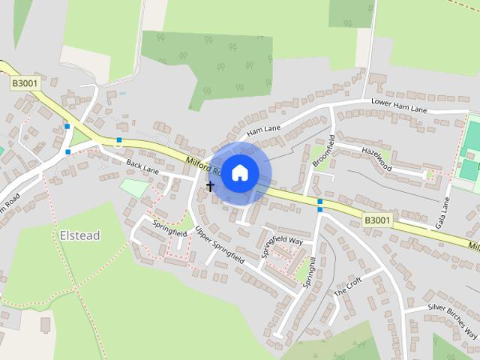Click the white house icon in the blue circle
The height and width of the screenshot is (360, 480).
pyautogui.click(x=239, y=172)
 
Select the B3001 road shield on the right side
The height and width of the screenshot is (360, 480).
pyautogui.click(x=376, y=220)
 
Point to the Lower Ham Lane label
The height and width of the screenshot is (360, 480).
pyautogui.click(x=399, y=107)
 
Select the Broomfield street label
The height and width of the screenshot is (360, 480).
pyautogui.click(x=322, y=150)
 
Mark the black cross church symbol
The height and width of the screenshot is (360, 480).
pyautogui.click(x=210, y=184)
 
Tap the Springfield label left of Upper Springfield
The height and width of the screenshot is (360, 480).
pyautogui.click(x=169, y=228)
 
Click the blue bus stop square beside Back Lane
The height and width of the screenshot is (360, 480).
pyautogui.click(x=118, y=140)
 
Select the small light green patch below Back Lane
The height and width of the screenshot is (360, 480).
pyautogui.click(x=133, y=187)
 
